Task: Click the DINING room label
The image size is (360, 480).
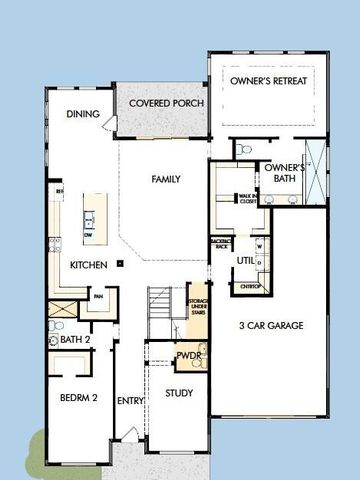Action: (83, 114)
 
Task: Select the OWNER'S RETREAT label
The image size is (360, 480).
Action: (267, 79)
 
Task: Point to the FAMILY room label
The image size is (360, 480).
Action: (166, 180)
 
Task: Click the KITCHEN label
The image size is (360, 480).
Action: (88, 265)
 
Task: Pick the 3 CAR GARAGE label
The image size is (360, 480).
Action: (270, 325)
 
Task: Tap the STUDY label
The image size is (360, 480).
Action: (179, 393)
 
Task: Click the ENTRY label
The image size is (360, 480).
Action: (130, 401)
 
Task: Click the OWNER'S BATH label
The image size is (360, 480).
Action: (284, 173)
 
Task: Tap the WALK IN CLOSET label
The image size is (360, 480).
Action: (246, 199)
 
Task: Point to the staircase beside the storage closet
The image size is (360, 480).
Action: (161, 306)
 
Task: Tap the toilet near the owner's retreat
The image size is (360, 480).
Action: (244, 150)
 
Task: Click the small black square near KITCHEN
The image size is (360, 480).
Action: (119, 263)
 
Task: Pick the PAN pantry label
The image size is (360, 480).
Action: (99, 296)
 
